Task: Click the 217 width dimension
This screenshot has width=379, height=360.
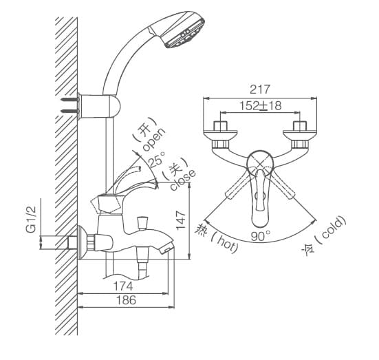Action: click(260, 89)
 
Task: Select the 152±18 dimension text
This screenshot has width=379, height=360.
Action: click(260, 106)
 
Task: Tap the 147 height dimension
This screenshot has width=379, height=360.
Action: click(182, 220)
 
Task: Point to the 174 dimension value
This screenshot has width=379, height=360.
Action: click(122, 284)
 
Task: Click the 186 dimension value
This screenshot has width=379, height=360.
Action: click(125, 300)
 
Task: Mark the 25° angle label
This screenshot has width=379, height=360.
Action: click(157, 162)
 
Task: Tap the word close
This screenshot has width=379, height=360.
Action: click(182, 178)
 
